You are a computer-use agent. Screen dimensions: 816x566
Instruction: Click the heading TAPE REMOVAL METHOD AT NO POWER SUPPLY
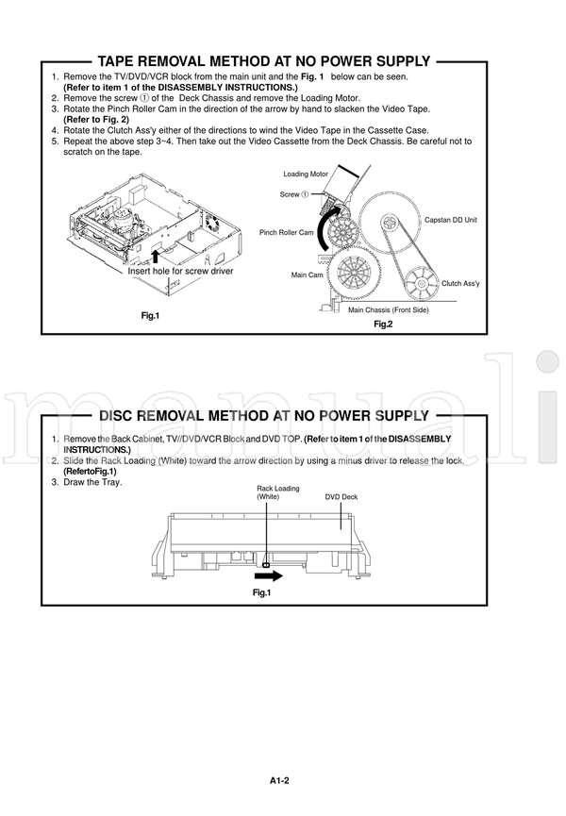coord(264,62)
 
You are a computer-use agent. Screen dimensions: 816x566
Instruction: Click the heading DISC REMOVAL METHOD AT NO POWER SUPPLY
coord(264,416)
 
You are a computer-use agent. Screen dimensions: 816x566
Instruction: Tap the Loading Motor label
coord(306,175)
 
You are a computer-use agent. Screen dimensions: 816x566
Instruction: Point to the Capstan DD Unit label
coord(451,220)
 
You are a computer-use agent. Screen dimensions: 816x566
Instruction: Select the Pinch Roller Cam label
coord(287,232)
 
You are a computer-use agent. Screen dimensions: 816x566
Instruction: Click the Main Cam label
coord(308,275)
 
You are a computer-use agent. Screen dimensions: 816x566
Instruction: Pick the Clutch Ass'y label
coord(462,283)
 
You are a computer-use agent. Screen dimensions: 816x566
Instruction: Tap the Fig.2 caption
coord(383,325)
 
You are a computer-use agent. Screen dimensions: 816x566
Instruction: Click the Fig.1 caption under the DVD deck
coord(261,592)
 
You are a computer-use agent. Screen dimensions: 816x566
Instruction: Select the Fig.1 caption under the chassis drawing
coord(150,315)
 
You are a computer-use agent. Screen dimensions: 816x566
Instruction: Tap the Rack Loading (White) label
coord(278,491)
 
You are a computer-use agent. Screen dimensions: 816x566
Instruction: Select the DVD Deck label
coord(341,496)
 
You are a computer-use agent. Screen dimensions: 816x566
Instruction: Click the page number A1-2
coord(278,780)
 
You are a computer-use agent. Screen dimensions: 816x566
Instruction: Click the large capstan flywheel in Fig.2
coord(388,224)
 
